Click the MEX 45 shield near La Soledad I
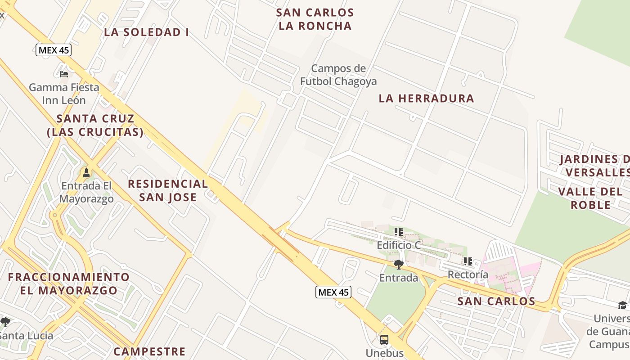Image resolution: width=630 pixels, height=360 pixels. point(54,50)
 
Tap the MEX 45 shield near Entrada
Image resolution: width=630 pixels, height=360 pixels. point(333,292)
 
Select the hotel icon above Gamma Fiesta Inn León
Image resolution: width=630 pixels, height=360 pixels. point(64,74)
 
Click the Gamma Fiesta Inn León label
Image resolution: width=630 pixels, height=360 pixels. point(64,94)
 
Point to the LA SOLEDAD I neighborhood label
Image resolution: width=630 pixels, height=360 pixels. point(146,32)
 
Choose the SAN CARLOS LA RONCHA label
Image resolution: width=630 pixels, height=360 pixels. point(315,19)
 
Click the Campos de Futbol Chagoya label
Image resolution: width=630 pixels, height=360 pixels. point(338,75)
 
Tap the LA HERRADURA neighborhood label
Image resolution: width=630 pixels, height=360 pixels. point(426,99)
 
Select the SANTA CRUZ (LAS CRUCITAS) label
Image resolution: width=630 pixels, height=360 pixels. point(95,126)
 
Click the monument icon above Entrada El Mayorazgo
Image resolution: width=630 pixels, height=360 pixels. point(86,173)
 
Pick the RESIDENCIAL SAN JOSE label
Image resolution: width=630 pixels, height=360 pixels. point(168,190)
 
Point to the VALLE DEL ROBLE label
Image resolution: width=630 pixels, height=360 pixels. point(590,198)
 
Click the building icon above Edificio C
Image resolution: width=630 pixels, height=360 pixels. point(398,232)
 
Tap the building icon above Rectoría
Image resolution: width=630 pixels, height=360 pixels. point(468,261)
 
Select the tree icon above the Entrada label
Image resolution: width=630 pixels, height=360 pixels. point(398,264)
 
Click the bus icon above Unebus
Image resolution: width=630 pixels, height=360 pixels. point(384,340)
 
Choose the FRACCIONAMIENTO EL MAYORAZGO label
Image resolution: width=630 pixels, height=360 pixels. point(69,283)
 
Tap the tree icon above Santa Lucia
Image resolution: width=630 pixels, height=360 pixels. point(5,322)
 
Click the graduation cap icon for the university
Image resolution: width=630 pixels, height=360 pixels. point(622,306)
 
